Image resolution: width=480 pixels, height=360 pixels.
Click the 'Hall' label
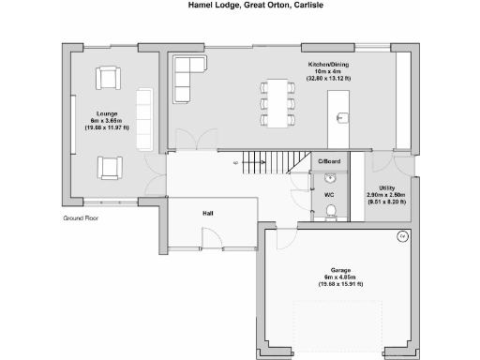[208, 214]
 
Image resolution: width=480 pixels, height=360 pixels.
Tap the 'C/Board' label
[329, 162]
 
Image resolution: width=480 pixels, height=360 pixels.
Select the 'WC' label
[329, 195]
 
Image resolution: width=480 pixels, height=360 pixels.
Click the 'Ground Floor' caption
[81, 217]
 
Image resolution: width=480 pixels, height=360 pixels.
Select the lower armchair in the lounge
[109, 167]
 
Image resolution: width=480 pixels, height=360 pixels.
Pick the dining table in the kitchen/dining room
[277, 102]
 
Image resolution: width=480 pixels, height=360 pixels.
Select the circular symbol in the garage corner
[402, 235]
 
